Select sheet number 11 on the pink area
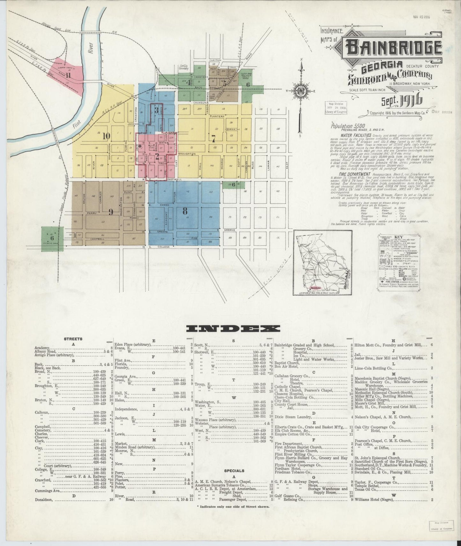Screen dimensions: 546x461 (x=68, y=75)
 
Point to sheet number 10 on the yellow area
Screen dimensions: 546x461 (x=106, y=136)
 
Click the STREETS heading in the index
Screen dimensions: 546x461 (x=73, y=339)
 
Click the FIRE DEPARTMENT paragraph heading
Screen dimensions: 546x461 (x=346, y=174)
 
